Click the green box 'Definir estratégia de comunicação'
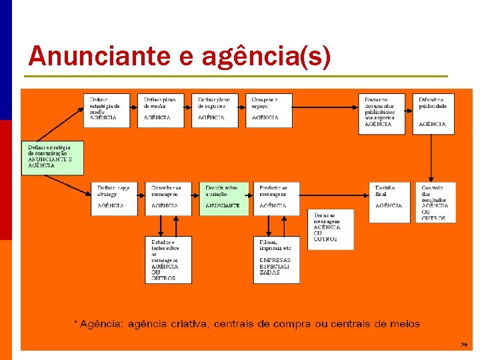click(51, 157)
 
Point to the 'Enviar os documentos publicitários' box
click(381, 113)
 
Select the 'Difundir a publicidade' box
click(433, 113)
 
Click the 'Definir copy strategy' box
click(115, 198)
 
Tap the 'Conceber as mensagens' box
click(168, 198)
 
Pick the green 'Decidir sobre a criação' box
click(223, 198)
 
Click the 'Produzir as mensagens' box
click(276, 198)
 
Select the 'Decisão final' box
click(390, 198)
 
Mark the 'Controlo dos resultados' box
click(436, 202)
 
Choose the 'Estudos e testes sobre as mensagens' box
click(168, 259)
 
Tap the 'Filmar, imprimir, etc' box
click(276, 259)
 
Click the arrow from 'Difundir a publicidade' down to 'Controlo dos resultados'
click(433, 158)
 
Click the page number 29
click(463, 345)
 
